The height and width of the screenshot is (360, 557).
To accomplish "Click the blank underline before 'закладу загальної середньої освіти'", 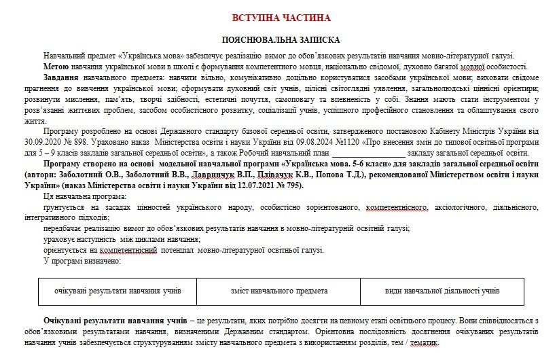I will [367, 153].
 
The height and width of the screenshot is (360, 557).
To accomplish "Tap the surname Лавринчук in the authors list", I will [215, 175].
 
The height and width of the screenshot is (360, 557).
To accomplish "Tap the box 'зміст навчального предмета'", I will [279, 291].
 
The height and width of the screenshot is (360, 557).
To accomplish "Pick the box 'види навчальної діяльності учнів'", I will [442, 291].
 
